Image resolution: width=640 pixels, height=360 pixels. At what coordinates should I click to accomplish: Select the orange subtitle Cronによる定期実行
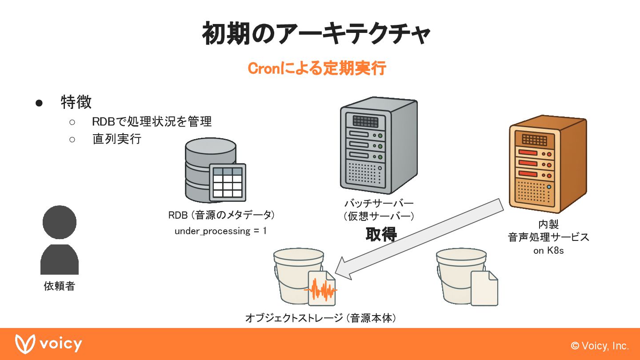pos(316,69)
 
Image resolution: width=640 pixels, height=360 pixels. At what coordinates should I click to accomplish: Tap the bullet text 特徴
pos(76,102)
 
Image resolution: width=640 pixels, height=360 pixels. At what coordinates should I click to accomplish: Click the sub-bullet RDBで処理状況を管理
pos(152,121)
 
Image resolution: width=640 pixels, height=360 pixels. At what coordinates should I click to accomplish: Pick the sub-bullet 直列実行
pos(116,139)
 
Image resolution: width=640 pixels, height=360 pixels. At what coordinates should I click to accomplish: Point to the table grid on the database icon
pos(228,182)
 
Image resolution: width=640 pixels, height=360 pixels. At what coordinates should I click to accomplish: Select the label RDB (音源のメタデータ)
pos(221,215)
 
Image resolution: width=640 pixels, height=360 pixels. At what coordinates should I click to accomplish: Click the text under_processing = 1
pos(220,231)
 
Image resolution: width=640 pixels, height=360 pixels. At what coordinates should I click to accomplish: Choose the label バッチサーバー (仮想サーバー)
pos(379,210)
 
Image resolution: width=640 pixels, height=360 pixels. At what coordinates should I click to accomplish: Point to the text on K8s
pos(548,251)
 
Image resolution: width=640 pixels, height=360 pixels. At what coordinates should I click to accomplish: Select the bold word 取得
pos(381,234)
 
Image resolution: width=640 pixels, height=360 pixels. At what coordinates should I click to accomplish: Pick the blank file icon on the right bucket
pos(484,288)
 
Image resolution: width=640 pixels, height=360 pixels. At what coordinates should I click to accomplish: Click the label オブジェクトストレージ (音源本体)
pos(320,318)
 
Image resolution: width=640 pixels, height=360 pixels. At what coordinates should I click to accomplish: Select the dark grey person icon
pos(60,240)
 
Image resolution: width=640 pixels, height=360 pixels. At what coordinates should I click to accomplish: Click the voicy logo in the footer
pos(49,344)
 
